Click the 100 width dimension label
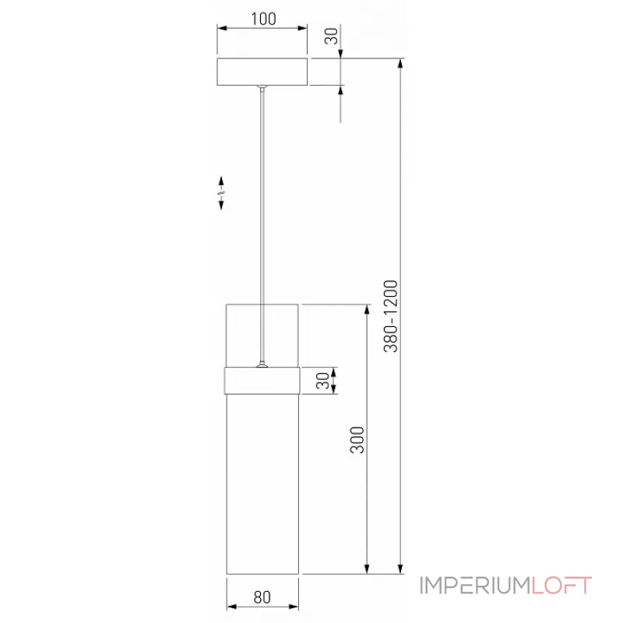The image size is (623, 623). (263, 19)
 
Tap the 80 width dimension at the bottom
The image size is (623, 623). (262, 597)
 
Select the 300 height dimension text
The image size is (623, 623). (357, 439)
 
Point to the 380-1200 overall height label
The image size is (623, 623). (391, 316)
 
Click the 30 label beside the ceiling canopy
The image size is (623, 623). (332, 36)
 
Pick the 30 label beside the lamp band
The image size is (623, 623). (322, 381)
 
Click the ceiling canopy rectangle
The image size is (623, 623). (262, 72)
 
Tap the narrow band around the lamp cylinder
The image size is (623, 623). (262, 381)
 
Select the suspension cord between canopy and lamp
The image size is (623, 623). (262, 224)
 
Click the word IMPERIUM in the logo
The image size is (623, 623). (475, 586)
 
